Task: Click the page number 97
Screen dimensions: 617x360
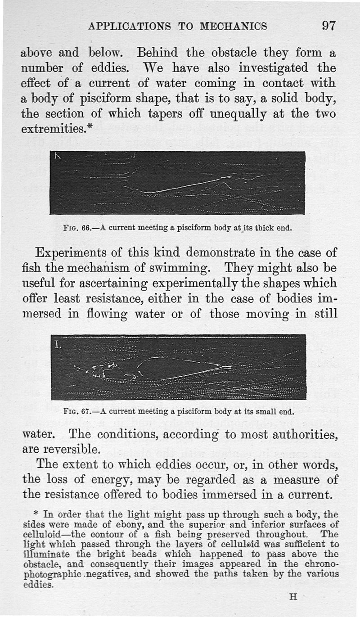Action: tap(328, 25)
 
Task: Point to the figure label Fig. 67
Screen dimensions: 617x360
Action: tap(78, 411)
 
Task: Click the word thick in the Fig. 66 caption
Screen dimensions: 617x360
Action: tap(258, 227)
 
